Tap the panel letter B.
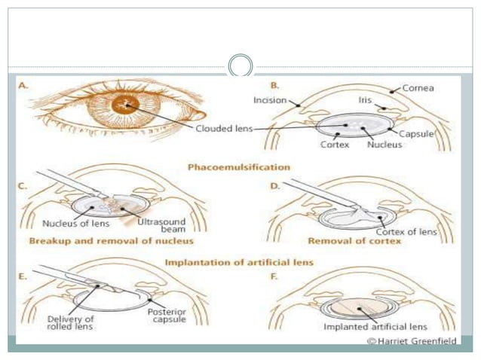coord(274,86)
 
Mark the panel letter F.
coord(274,276)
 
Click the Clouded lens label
coord(224,129)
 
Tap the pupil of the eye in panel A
coord(124,105)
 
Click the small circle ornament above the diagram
coord(240,64)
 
